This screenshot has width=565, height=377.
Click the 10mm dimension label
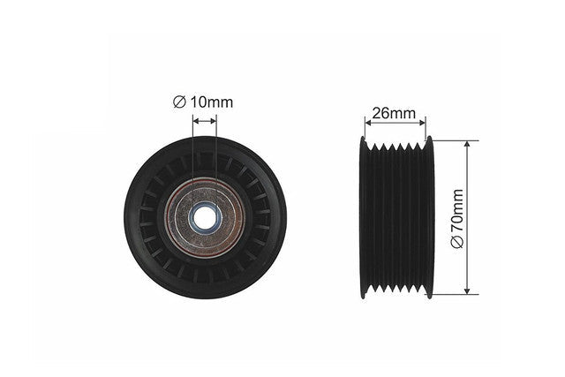[x=212, y=102]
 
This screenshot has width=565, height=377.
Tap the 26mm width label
[x=394, y=113]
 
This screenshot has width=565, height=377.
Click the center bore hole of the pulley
[x=205, y=217]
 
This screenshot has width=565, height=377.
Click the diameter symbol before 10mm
[x=178, y=102]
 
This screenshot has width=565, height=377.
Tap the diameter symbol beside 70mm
[x=457, y=242]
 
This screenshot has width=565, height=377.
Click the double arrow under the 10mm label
[x=205, y=122]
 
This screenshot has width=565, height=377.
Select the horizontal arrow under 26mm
[x=395, y=123]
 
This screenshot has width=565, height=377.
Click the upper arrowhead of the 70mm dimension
[x=467, y=144]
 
